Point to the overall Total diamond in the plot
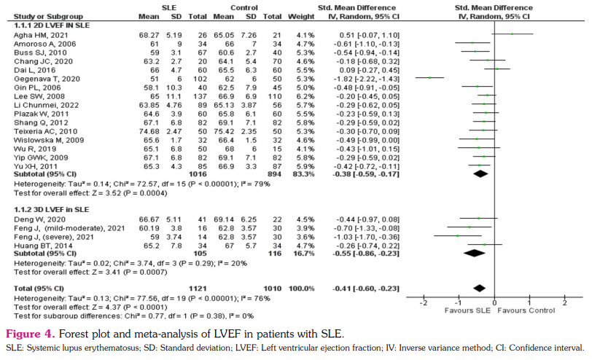pos(480,289)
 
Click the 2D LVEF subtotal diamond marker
pos(481,174)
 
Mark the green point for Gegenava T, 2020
pos(430,77)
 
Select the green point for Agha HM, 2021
pos(513,34)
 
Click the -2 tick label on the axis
pos(424,301)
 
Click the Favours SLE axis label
pos(467,310)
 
